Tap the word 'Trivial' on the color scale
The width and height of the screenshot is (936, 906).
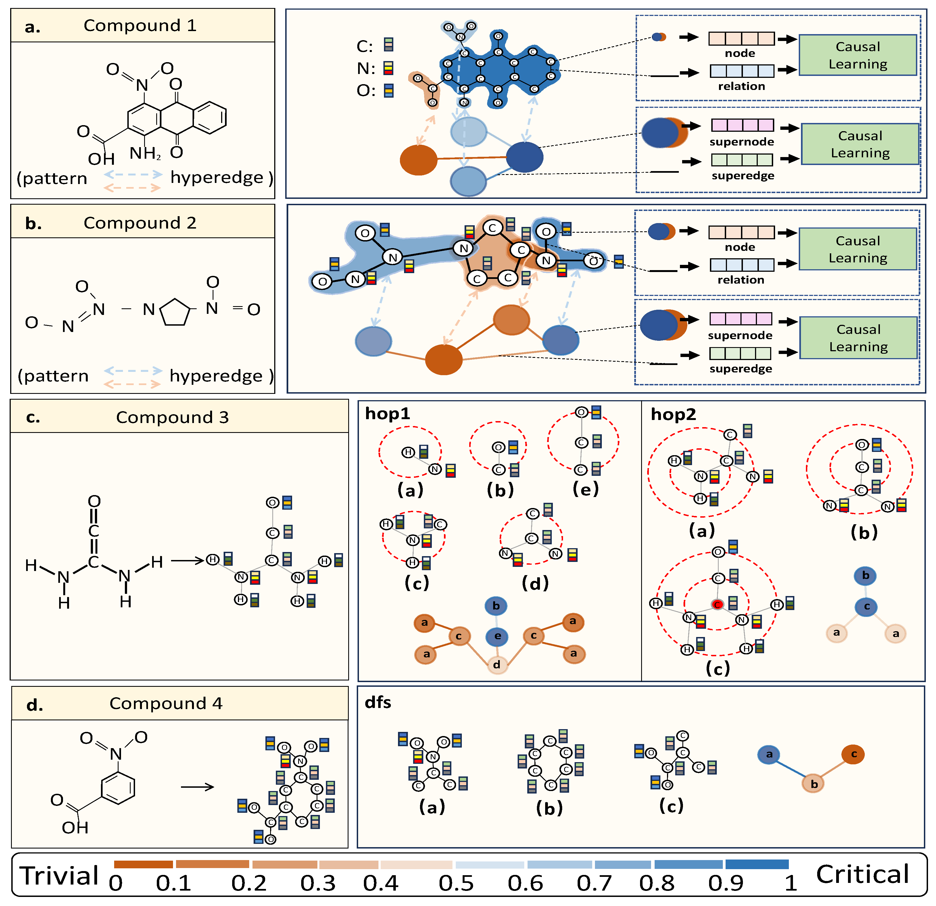coord(59,875)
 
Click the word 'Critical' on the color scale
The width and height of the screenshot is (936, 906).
coord(863,874)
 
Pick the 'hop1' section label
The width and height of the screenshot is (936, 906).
coord(387,414)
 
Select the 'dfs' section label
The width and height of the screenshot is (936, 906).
coord(378,702)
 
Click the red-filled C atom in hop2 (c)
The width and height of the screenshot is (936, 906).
coord(717,605)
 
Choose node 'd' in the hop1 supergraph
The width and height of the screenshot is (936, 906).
coord(497,664)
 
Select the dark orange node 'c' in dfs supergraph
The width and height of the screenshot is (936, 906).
coord(853,754)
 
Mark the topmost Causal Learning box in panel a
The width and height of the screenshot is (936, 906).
coord(858,55)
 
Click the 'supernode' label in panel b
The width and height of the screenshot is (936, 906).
coord(740,335)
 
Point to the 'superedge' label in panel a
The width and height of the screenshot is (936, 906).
coord(743,176)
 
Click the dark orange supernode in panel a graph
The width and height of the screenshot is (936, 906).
coord(418,160)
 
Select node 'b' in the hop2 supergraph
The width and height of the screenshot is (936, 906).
coord(865,575)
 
